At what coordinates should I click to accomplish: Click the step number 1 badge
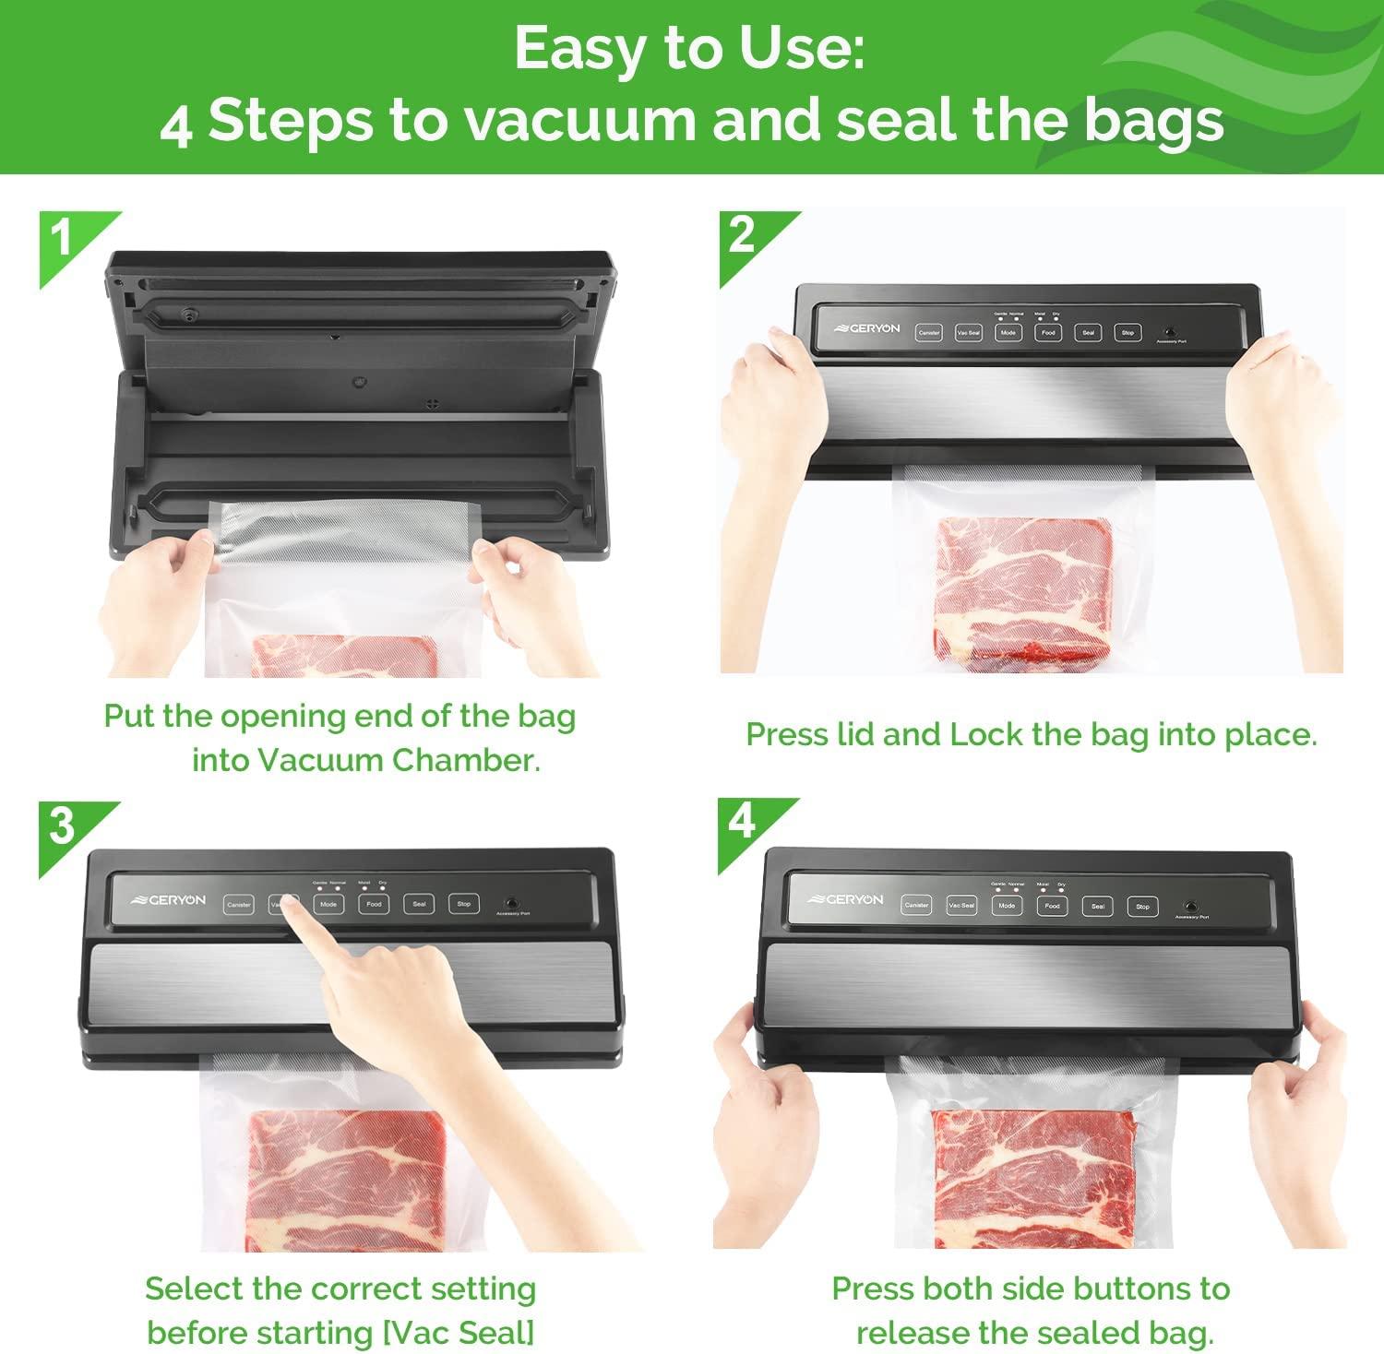click(x=63, y=238)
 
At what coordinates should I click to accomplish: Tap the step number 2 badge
click(x=742, y=236)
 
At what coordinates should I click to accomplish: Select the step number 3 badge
click(x=62, y=825)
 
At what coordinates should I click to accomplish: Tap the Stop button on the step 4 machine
click(x=1142, y=907)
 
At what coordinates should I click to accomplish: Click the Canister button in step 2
click(x=928, y=333)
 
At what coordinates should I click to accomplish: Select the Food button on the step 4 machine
click(x=1052, y=907)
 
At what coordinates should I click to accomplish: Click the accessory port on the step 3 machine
click(x=509, y=904)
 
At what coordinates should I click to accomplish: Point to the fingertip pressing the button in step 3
click(x=289, y=904)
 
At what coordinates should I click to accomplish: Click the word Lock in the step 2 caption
click(x=987, y=734)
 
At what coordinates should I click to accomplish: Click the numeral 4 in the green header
click(x=175, y=125)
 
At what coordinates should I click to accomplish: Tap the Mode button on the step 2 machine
click(x=1008, y=333)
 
